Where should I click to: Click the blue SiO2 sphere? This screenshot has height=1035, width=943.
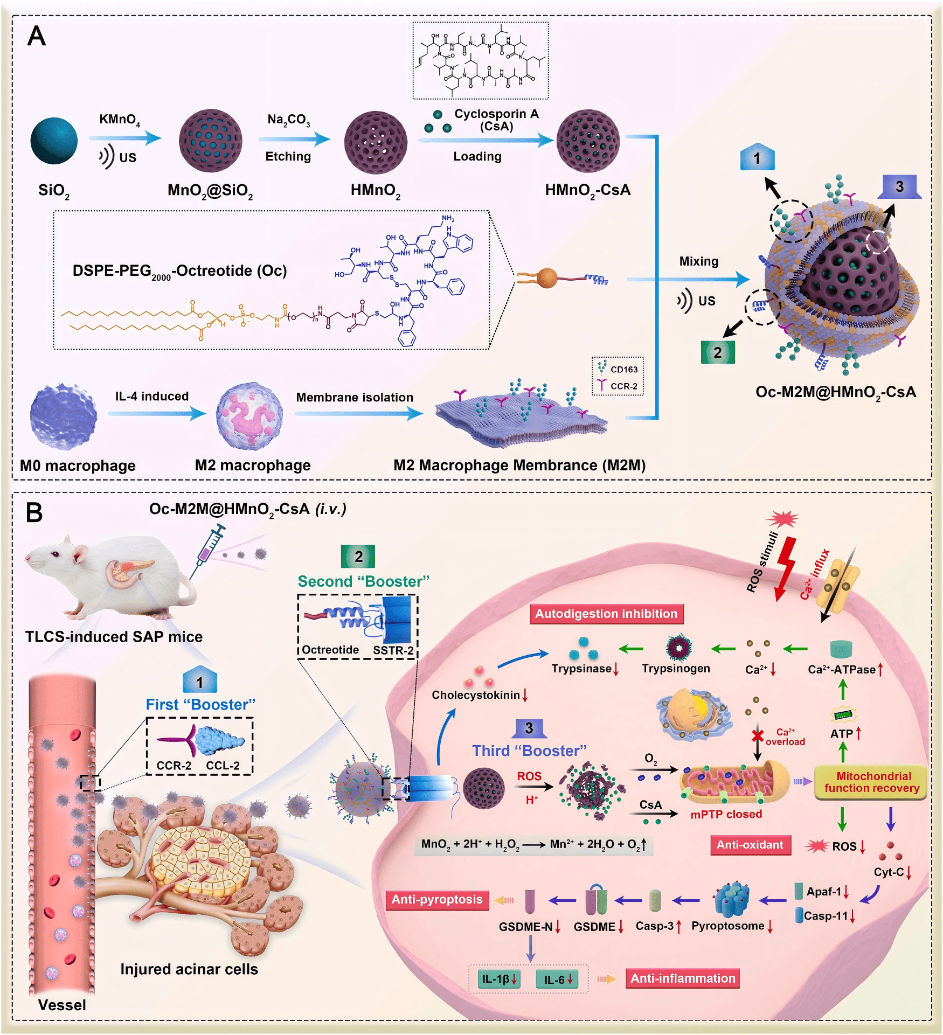(54, 141)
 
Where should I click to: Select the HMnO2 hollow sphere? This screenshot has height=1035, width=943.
(376, 142)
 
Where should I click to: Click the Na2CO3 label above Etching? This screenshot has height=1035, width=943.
(288, 120)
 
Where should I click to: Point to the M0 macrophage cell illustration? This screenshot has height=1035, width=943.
(64, 416)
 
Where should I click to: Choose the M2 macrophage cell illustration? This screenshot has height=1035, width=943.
(249, 416)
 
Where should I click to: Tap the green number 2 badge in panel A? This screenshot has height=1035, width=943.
(717, 353)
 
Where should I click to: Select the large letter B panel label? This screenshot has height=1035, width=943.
(34, 512)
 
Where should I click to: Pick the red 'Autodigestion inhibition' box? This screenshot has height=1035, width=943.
(606, 614)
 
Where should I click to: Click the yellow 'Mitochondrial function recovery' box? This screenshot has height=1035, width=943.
(871, 782)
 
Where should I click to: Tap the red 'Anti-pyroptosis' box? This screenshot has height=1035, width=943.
(437, 899)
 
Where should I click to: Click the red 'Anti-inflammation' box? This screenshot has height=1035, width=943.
(682, 978)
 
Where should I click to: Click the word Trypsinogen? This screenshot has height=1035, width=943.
(676, 669)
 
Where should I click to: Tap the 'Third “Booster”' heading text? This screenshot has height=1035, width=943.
(529, 751)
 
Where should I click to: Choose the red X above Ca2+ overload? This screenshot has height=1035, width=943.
(758, 735)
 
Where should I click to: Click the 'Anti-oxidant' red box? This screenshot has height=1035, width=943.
(750, 845)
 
